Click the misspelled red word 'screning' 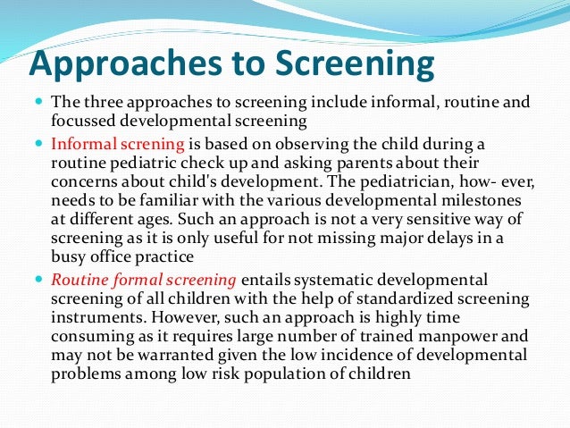(154, 143)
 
